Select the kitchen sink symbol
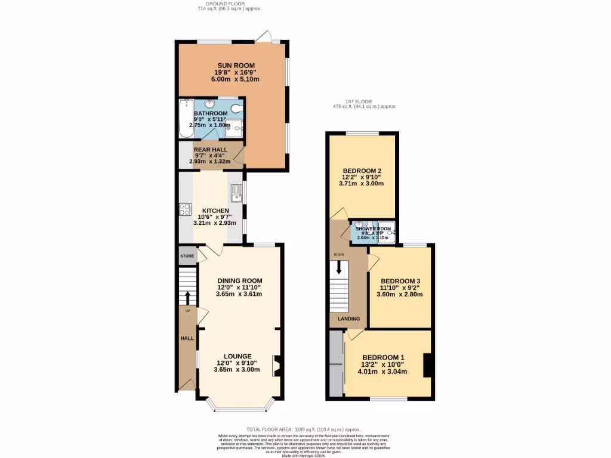point(236,193)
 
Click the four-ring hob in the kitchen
point(184,209)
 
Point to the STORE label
point(187,256)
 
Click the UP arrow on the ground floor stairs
point(188,296)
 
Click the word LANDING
point(349,319)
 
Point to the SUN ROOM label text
point(236,66)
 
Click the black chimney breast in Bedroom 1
point(427,365)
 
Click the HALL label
point(187,339)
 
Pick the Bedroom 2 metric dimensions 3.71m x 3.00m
point(362,184)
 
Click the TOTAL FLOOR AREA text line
point(304,429)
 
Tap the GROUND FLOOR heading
point(229,4)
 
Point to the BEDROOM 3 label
point(400,281)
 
